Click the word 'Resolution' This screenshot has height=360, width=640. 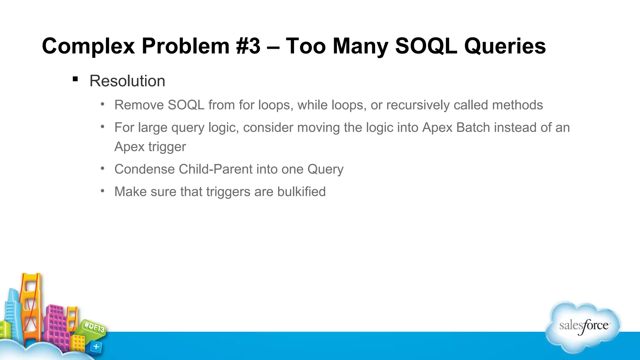(127, 81)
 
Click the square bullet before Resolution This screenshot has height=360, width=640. (75, 79)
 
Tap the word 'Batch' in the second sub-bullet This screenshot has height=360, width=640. (473, 127)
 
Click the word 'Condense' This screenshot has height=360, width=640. (145, 169)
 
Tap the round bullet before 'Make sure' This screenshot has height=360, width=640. (102, 190)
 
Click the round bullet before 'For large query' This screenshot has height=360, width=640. (102, 126)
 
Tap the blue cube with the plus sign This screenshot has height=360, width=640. (96, 347)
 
